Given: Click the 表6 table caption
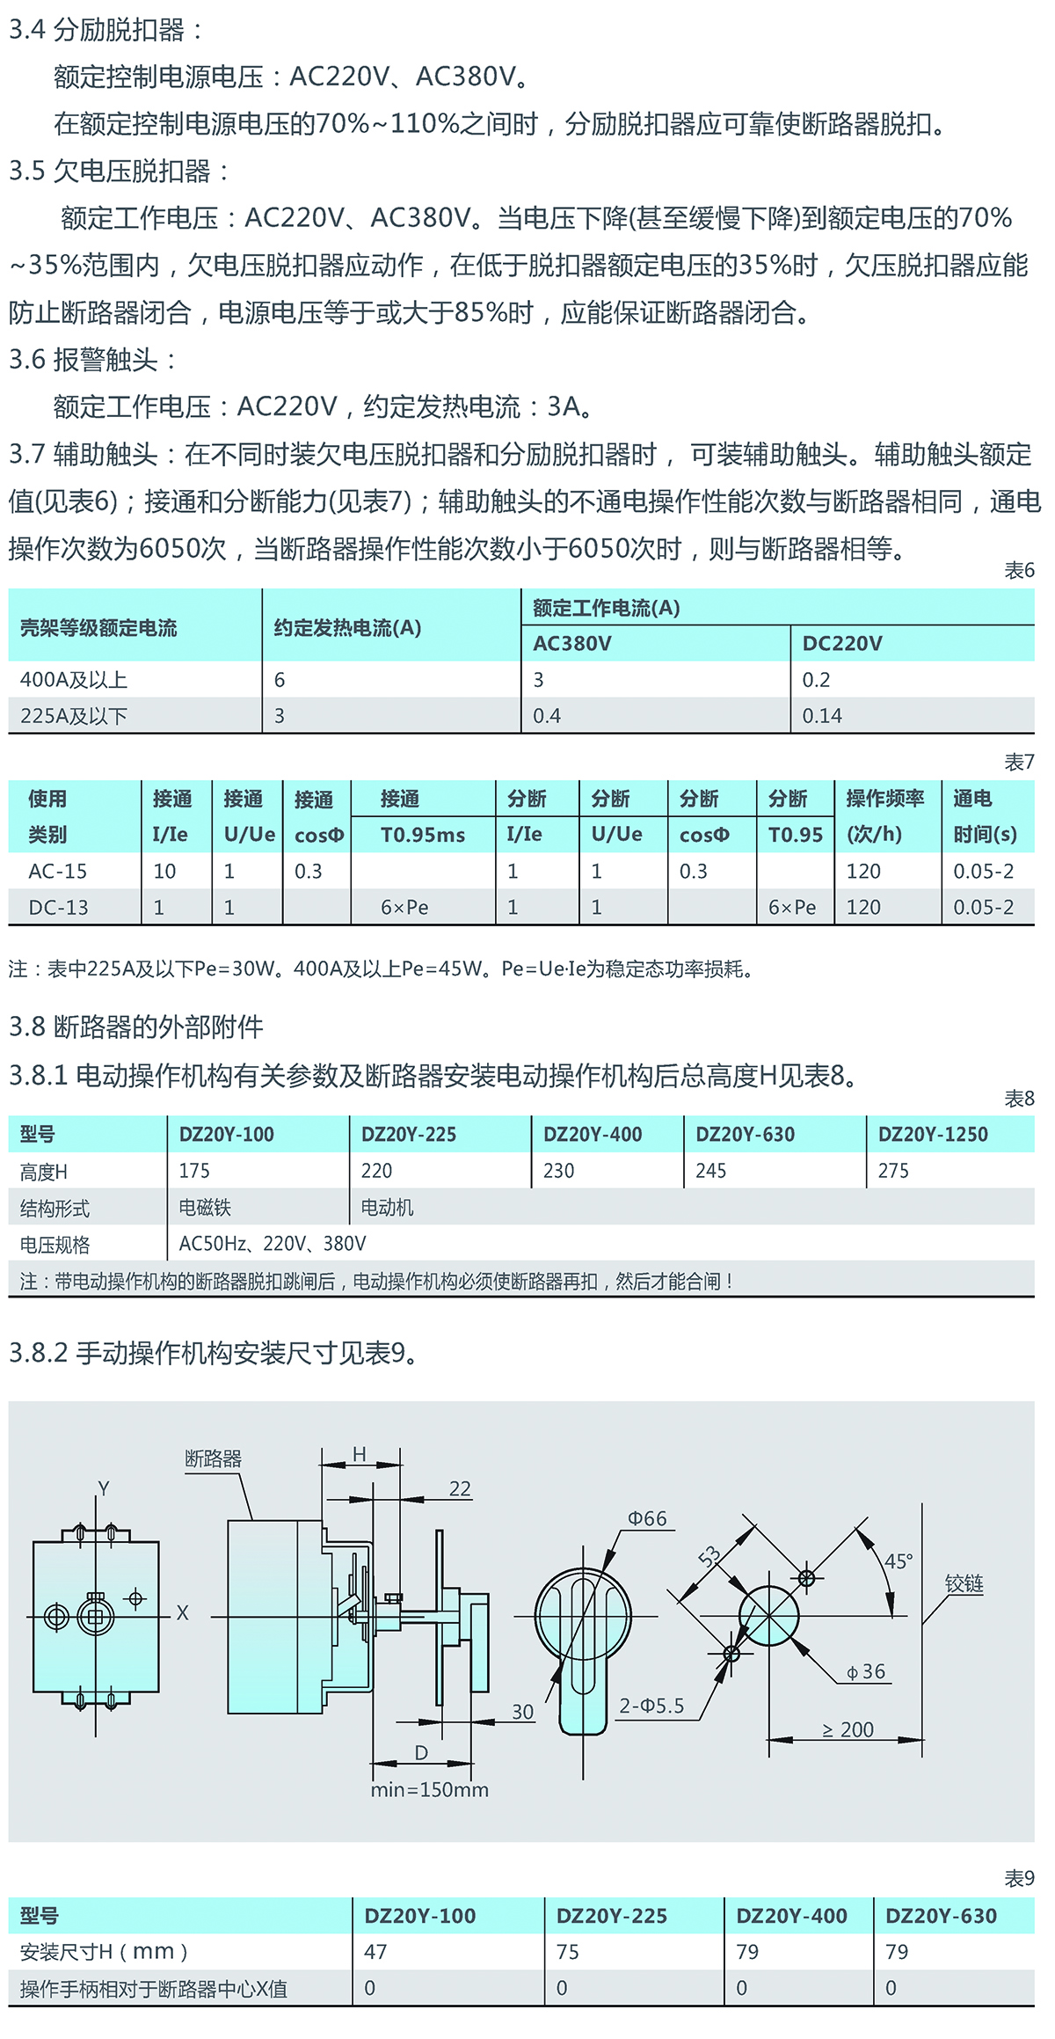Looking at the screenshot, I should [1019, 571].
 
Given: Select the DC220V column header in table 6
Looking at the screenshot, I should [841, 644].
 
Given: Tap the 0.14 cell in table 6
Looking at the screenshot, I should [822, 716].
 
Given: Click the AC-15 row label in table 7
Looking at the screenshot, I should [58, 872].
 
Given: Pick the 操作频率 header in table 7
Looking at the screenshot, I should [884, 799].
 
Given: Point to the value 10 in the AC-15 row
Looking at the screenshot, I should [164, 872].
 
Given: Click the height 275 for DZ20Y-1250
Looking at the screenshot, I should [893, 1172].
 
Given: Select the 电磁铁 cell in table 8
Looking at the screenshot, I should [205, 1208].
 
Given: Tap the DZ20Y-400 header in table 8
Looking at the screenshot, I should [593, 1135].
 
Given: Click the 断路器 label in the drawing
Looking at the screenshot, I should [213, 1459].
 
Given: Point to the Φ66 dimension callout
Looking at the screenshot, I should [647, 1519].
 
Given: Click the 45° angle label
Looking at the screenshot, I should [899, 1562].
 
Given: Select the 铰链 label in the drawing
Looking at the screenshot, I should [964, 1584].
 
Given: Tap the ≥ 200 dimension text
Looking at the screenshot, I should [848, 1730].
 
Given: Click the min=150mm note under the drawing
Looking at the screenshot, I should [429, 1790].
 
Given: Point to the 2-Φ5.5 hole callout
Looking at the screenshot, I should [651, 1706].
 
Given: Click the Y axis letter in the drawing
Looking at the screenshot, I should [104, 1489].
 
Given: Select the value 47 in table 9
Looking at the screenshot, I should [375, 1952].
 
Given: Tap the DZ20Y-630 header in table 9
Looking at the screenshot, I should [941, 1916].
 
